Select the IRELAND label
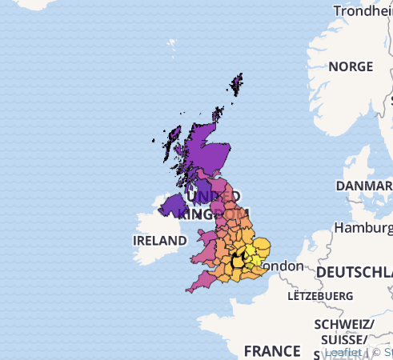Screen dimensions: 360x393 (x=159, y=240)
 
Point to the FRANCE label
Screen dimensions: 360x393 (x=271, y=350)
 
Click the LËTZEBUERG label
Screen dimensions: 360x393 (x=320, y=295)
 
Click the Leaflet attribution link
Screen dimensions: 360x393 (x=342, y=351)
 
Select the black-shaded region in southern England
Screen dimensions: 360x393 (x=239, y=261)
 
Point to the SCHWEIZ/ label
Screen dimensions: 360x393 (x=344, y=323)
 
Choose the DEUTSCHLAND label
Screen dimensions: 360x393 (x=354, y=273)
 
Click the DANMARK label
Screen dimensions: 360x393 (x=363, y=186)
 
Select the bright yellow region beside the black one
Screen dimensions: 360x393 (x=251, y=254)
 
